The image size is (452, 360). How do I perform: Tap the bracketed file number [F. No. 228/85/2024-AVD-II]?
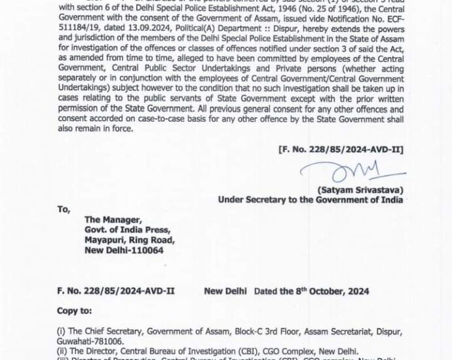pos(340,151)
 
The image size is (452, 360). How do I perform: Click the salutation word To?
pos(63,211)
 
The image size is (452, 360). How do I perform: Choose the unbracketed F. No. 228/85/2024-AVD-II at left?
pos(115,291)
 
